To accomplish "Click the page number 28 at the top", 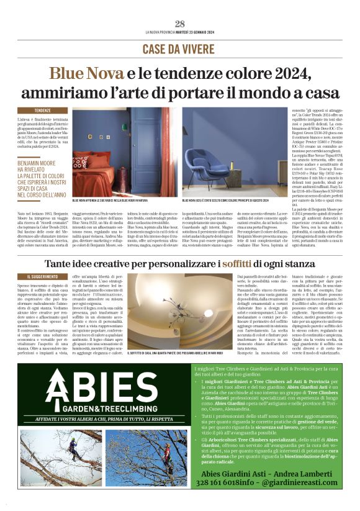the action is pyautogui.click(x=180, y=24).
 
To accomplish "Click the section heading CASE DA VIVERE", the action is pyautogui.click(x=180, y=48).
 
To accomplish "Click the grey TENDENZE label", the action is pyautogui.click(x=43, y=109).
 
